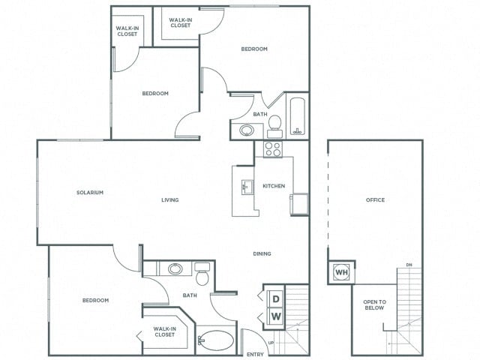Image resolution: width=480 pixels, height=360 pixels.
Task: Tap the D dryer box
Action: point(275,299)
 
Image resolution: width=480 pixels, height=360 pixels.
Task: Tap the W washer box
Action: point(275,316)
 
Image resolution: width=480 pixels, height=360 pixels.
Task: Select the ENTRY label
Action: point(254,354)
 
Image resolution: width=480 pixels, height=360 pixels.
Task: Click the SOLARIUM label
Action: point(89,193)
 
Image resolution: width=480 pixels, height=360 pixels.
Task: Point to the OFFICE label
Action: point(375,200)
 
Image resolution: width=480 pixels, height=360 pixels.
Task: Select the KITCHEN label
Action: point(274,186)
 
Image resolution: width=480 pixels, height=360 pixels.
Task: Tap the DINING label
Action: point(262,253)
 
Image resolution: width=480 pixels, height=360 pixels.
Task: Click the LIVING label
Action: point(169,200)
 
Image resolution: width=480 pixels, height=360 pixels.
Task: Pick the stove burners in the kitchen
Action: point(273,148)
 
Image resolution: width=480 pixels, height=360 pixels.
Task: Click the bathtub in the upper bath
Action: point(298,116)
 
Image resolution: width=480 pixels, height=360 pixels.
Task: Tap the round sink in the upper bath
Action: point(247,130)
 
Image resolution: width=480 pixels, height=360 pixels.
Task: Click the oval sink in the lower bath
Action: point(175,268)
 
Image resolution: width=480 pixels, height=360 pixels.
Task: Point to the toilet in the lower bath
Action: point(202,277)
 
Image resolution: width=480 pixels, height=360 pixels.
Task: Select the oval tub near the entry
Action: point(216,340)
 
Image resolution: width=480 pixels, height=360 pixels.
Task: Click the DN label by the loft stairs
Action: point(408,265)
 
